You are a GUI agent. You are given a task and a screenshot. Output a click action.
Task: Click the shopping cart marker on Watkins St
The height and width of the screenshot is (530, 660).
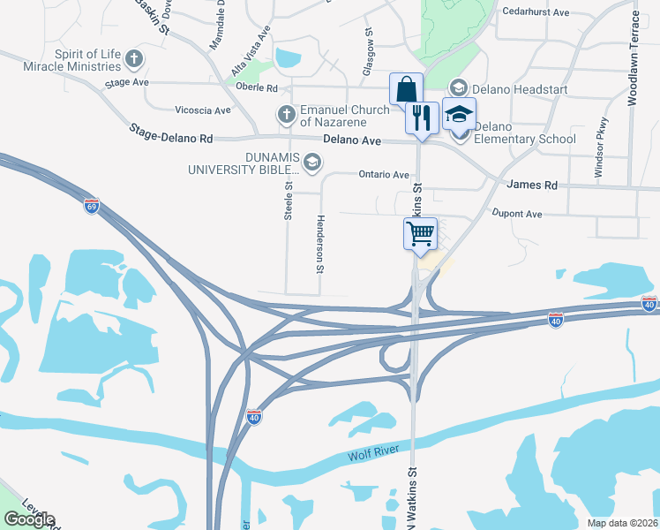(x=420, y=234)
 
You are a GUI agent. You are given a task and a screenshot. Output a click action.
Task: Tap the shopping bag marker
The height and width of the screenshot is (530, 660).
(x=407, y=89)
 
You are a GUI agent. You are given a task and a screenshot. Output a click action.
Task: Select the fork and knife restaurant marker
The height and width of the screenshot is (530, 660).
(x=422, y=117)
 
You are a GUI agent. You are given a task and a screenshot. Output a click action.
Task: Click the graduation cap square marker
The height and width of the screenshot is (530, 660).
(x=459, y=113)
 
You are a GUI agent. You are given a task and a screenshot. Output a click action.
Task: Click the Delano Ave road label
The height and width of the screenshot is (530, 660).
(x=351, y=140)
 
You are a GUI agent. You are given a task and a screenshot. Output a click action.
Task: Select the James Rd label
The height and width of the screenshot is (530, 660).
(x=534, y=185)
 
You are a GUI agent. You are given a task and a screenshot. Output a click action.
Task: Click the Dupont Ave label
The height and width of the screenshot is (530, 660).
(x=516, y=214)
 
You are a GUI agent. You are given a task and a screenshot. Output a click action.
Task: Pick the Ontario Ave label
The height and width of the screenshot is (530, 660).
(x=384, y=175)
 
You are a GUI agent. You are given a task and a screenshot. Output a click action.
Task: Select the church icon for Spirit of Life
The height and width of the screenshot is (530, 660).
(x=134, y=60)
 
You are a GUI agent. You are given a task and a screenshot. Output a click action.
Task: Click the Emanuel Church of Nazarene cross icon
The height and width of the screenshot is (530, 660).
(x=286, y=115)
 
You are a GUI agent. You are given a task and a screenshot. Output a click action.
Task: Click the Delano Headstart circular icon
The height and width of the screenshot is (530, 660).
(x=458, y=87)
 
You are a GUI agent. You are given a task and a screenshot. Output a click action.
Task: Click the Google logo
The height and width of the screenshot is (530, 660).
(x=29, y=519)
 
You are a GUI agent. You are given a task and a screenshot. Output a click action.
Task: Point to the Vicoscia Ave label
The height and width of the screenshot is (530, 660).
(x=203, y=110)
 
